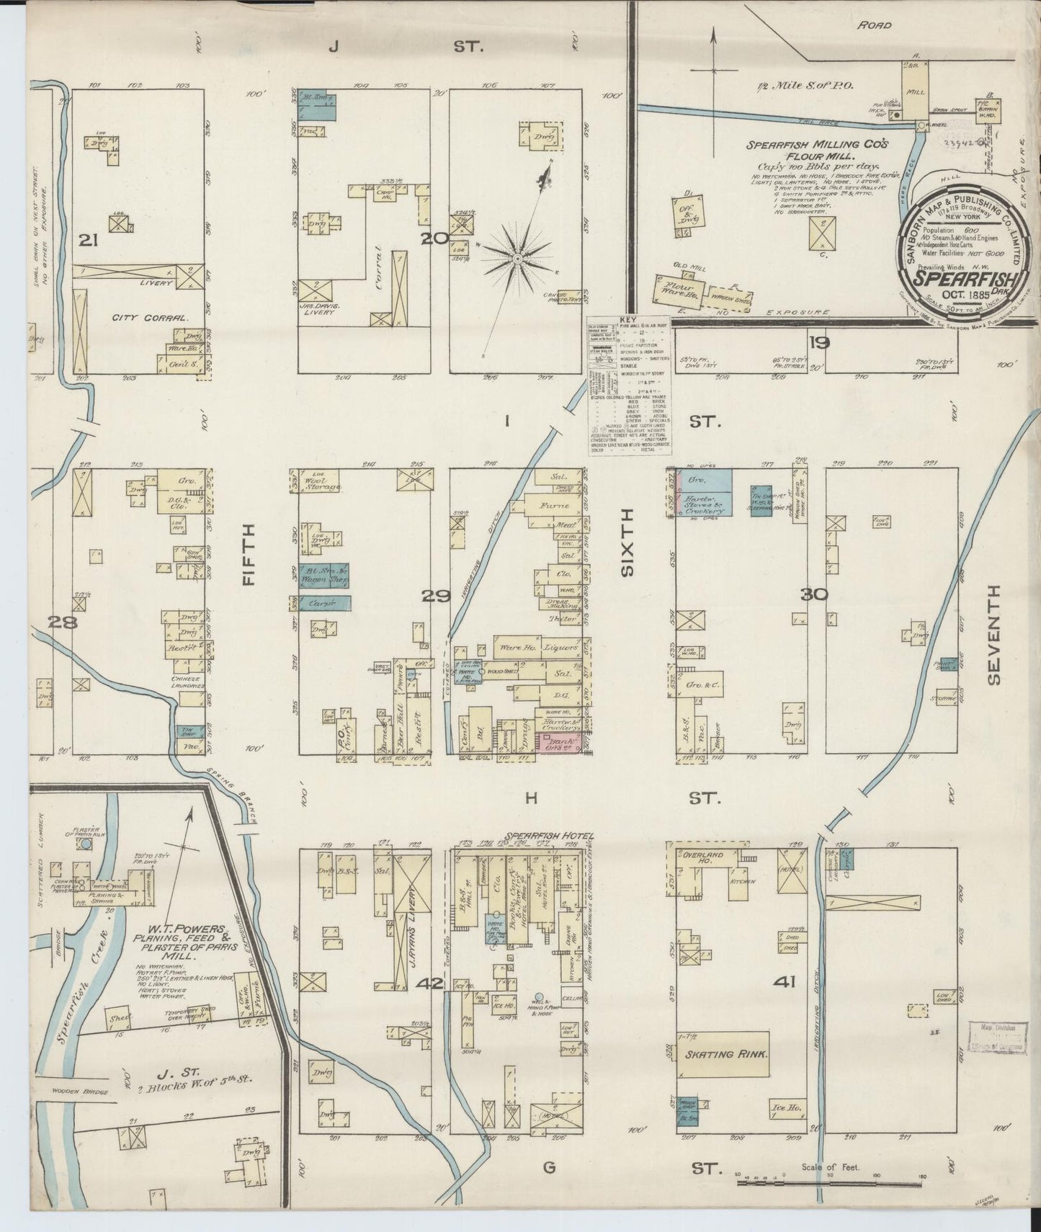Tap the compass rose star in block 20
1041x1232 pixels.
pos(518,256)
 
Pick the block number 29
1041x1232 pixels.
pos(437,596)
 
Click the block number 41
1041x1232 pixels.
pos(784,981)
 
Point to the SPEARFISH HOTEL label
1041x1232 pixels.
pos(548,836)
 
